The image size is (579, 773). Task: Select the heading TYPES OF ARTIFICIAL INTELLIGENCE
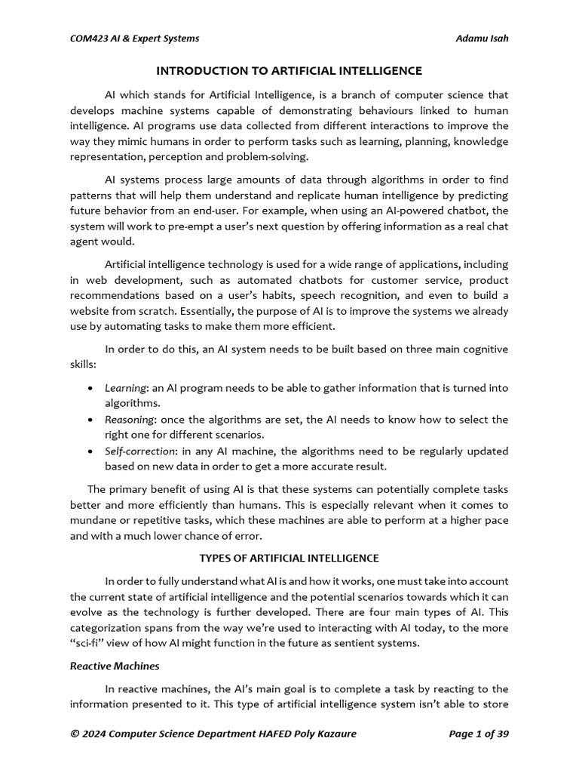[289, 558]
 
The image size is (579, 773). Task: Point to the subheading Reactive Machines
[114, 666]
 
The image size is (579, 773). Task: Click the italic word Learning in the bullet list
[125, 388]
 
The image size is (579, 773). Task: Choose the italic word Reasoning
[130, 420]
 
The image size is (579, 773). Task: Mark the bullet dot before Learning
[90, 389]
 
